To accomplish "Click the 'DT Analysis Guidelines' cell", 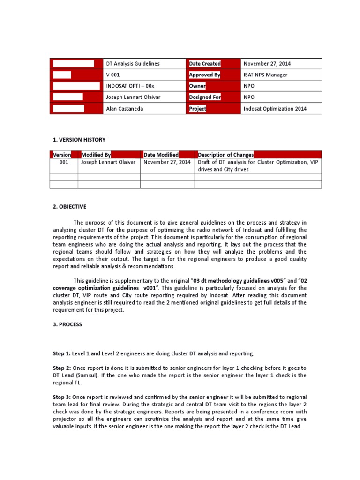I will click(x=133, y=64).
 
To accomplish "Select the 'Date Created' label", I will click(x=204, y=64).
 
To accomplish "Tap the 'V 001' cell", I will click(x=113, y=75).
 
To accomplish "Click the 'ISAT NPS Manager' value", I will click(x=266, y=75).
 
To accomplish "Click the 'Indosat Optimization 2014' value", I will click(x=275, y=109).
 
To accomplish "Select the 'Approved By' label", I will click(x=204, y=75).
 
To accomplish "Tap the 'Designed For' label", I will click(x=205, y=97).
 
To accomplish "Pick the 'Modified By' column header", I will click(x=96, y=155).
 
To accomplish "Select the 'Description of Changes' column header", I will click(x=226, y=155).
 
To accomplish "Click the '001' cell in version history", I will click(x=64, y=162).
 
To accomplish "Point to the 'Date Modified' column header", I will click(x=161, y=155).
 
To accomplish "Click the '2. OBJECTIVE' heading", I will click(x=69, y=207).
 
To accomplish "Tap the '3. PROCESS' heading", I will click(x=67, y=324).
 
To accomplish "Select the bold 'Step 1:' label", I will click(x=61, y=353).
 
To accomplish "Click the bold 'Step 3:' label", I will click(x=61, y=397).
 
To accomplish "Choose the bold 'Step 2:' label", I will click(x=61, y=368).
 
